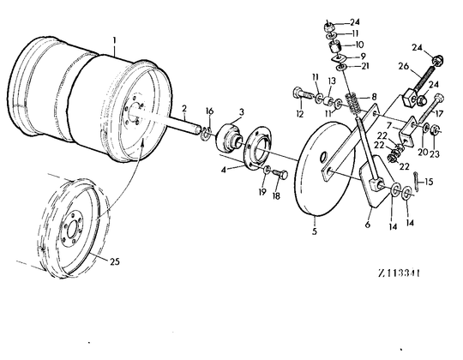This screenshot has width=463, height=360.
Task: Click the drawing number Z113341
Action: [399, 273]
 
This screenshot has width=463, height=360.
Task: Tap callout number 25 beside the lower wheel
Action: [115, 261]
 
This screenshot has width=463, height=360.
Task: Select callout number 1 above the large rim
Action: [115, 39]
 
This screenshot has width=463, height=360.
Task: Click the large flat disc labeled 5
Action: [325, 169]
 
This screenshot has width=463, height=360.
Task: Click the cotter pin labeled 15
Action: [417, 181]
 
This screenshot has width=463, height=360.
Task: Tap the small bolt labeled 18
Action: [280, 175]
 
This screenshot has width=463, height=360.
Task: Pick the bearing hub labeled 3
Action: [229, 137]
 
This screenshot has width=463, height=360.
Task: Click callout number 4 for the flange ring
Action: [224, 170]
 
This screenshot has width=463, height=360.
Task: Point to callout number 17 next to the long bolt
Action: [439, 113]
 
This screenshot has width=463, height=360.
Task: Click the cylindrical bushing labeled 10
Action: [335, 47]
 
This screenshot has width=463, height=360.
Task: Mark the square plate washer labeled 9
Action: [339, 58]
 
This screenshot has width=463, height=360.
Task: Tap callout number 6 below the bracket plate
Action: [368, 225]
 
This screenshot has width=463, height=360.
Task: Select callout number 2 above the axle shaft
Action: [184, 108]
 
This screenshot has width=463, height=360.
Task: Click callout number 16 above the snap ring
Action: [209, 111]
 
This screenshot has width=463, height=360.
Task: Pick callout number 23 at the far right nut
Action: [435, 153]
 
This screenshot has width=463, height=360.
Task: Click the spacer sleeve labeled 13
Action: [328, 102]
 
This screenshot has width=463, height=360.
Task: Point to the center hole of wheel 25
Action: [71, 229]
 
